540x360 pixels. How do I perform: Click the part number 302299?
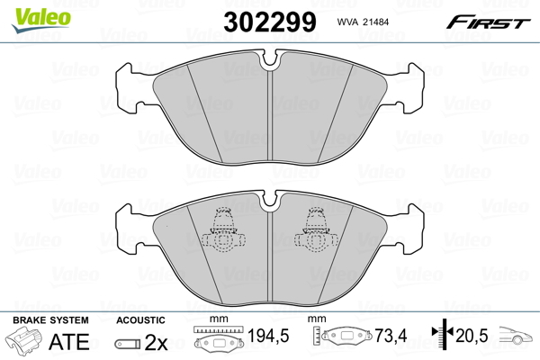click(270, 22)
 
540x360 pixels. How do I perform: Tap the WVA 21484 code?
click(363, 22)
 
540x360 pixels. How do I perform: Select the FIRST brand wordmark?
click(488, 22)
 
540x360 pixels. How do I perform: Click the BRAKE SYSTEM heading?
click(50, 320)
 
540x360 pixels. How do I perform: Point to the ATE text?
click(69, 342)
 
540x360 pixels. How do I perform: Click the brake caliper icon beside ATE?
click(24, 339)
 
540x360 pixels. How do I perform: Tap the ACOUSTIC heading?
click(140, 320)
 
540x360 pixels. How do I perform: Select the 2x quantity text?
click(156, 342)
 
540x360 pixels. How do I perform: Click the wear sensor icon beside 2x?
click(128, 344)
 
